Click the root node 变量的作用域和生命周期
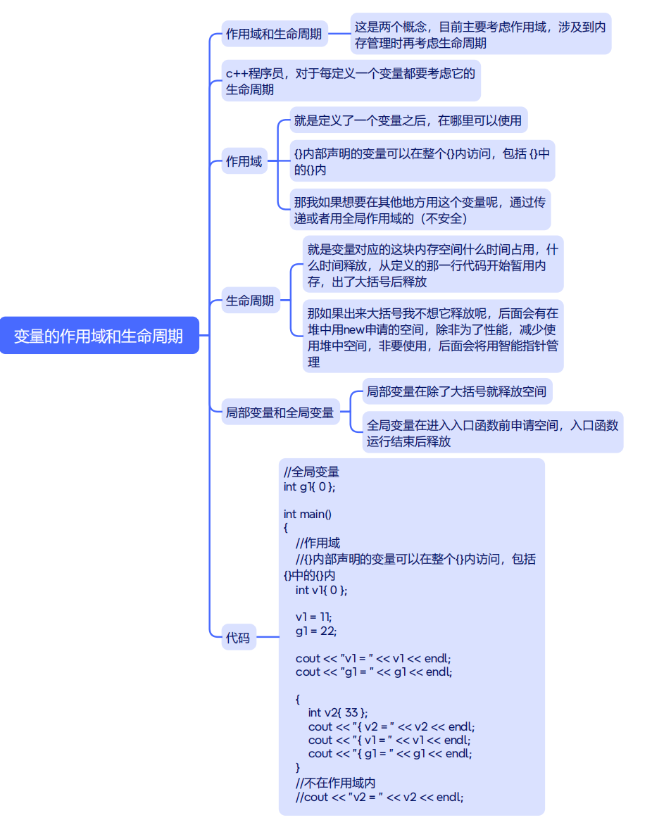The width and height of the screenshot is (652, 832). [x=99, y=336]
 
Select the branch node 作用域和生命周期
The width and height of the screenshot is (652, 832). [x=274, y=34]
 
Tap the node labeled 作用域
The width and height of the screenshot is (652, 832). [x=244, y=161]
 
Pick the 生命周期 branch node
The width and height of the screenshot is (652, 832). [x=250, y=301]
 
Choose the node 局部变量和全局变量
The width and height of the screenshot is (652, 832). [x=280, y=412]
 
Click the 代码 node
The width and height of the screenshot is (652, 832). [x=238, y=638]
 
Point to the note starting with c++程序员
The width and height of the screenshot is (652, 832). [x=350, y=81]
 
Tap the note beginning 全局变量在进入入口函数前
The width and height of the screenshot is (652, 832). [x=492, y=433]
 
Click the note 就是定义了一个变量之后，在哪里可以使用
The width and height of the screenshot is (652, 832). [x=408, y=120]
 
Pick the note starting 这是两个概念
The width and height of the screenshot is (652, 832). [x=480, y=34]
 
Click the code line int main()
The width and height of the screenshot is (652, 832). [x=308, y=514]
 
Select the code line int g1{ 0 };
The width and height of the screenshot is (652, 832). [x=310, y=486]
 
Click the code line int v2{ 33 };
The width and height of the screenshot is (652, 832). [x=338, y=712]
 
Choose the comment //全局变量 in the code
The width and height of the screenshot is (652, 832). [x=312, y=472]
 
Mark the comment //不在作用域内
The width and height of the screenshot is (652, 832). [x=336, y=783]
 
